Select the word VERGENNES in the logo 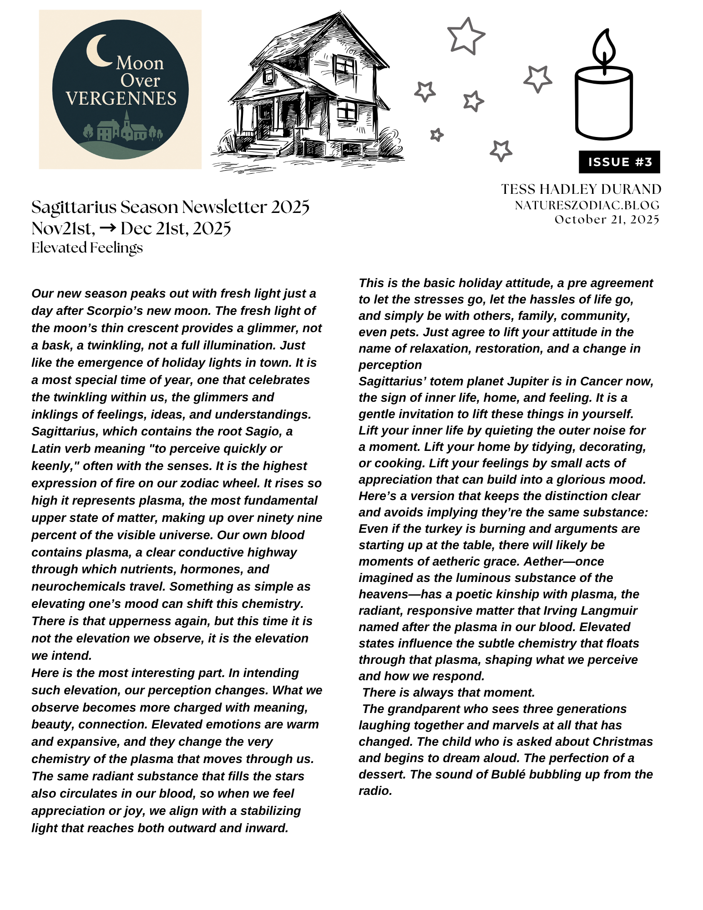[x=121, y=99]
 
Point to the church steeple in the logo [x=126, y=119]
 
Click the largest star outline [x=465, y=36]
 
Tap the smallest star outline [x=436, y=135]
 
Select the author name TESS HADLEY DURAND [x=581, y=189]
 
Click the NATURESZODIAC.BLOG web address [x=587, y=206]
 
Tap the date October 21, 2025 [x=607, y=220]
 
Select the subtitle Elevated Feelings [x=87, y=248]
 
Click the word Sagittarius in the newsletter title [x=74, y=207]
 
